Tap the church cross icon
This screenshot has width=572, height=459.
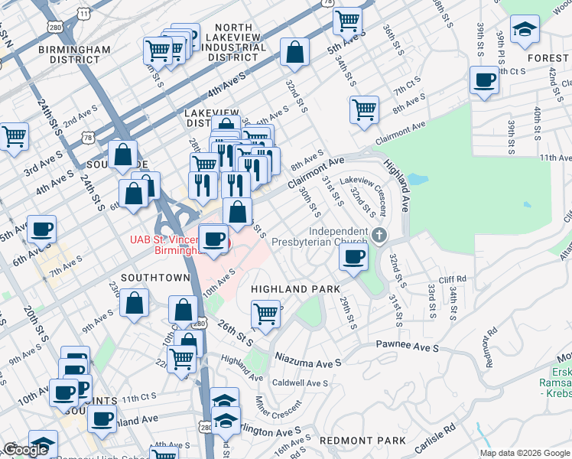point(381,233)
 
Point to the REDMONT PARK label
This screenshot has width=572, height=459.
point(362,441)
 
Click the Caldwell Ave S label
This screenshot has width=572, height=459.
point(301,382)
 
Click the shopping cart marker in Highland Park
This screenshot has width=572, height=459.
point(265,314)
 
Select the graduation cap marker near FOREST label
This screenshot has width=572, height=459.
point(525,31)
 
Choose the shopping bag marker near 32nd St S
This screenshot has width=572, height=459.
point(294,53)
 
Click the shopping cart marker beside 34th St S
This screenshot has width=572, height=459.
point(365,109)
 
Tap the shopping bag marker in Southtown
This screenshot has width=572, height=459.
point(135,304)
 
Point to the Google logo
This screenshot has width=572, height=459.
point(26,450)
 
